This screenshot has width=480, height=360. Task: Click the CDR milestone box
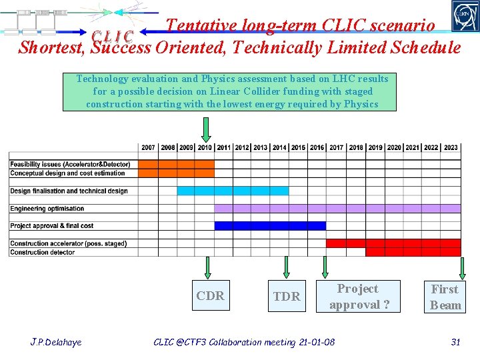210,296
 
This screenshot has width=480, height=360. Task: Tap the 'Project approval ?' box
358,297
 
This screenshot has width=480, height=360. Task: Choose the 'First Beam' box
445,297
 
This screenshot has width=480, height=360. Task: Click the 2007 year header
148,147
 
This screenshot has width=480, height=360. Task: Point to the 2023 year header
451,147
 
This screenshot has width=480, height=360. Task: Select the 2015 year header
298,147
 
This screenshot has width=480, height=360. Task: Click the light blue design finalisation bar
233,191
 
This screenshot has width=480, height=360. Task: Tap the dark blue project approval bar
270,225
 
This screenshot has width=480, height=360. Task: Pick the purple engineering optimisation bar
337,209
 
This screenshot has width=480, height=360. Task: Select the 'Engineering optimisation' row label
47,209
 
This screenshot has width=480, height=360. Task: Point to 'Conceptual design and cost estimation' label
67,173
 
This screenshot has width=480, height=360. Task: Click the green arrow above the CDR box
207,267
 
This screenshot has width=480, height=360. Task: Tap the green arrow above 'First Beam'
461,267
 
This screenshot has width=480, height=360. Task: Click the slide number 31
456,342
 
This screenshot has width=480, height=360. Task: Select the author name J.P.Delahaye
56,342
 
